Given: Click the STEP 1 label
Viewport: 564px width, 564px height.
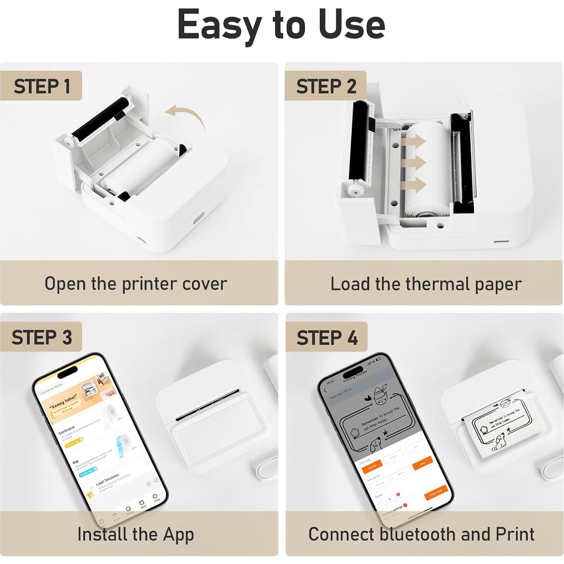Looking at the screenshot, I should [x=41, y=86].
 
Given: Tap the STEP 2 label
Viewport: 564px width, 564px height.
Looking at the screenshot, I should [x=326, y=86].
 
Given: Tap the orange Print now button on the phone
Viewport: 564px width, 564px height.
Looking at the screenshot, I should [x=436, y=492].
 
